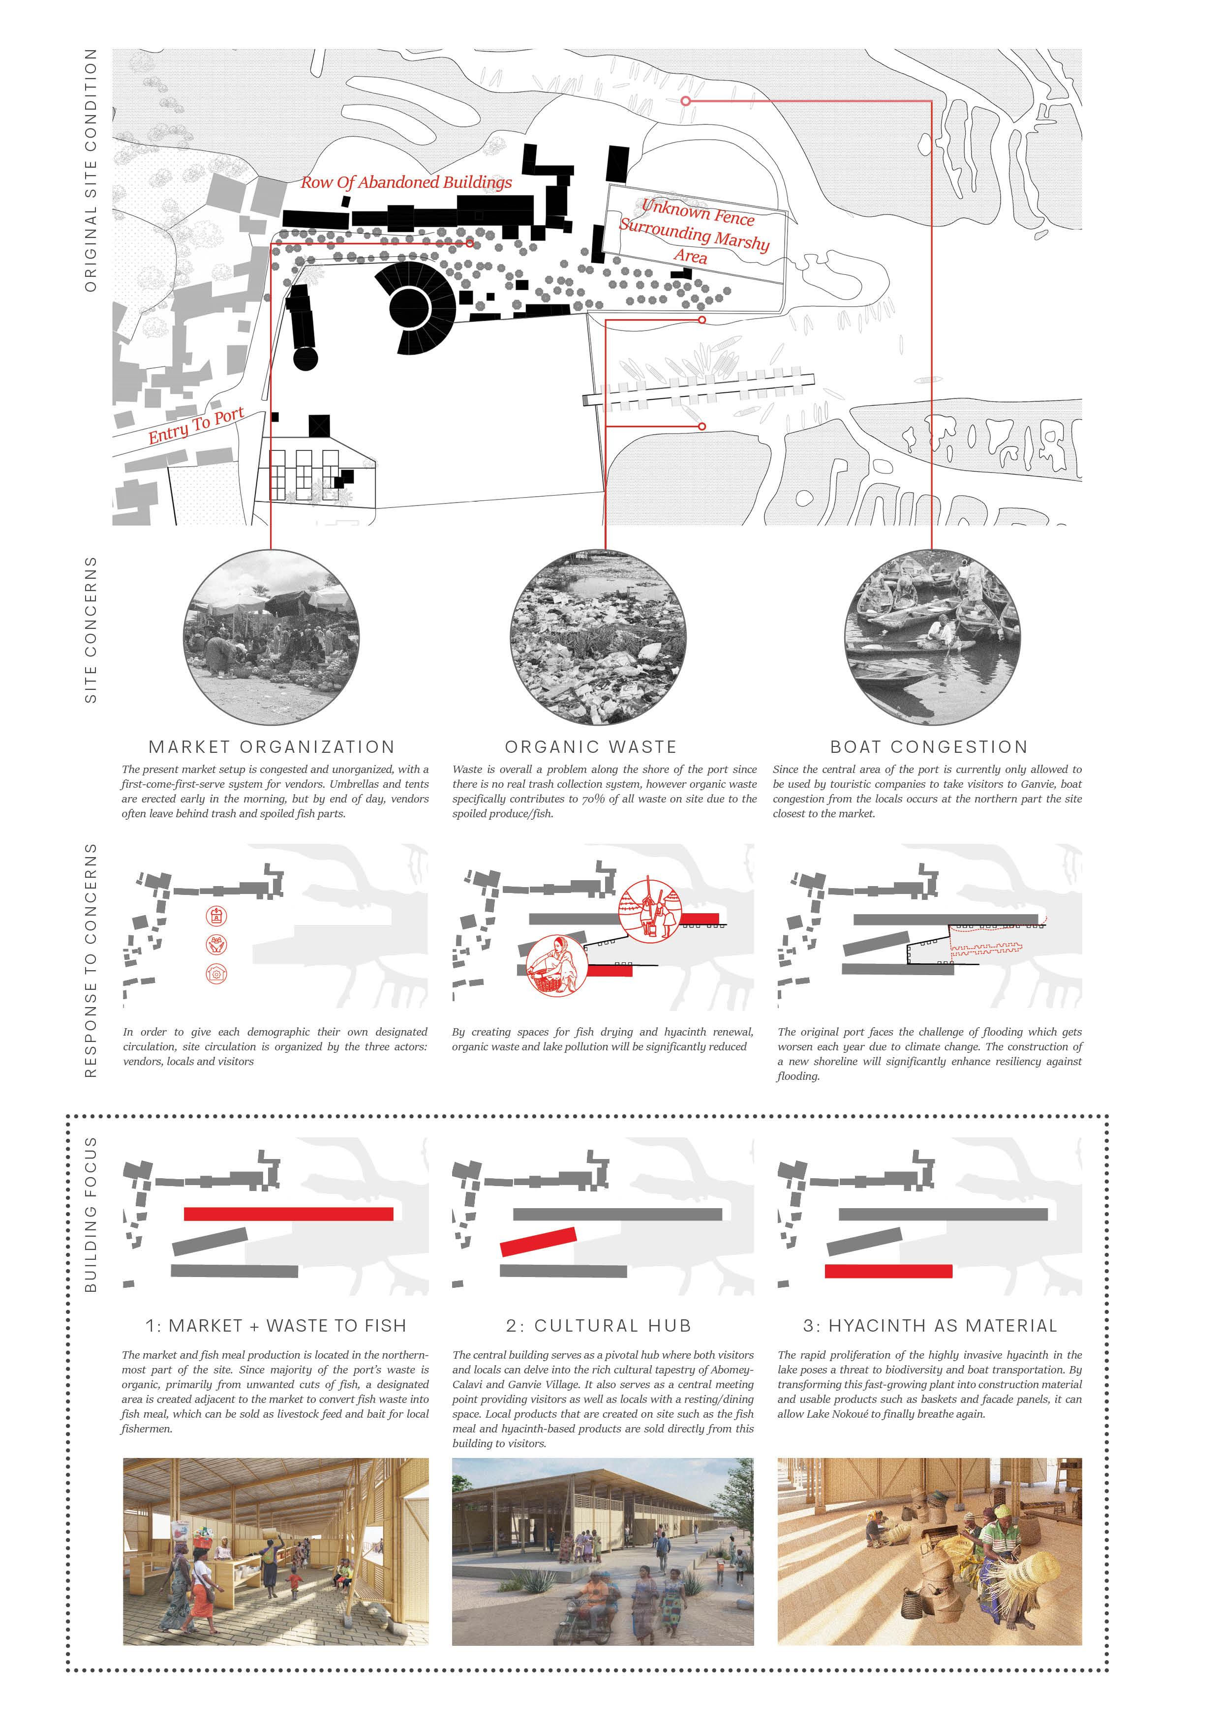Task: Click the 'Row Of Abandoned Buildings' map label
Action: [x=406, y=182]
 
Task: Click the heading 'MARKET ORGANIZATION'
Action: [x=272, y=747]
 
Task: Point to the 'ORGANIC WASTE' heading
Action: [x=591, y=747]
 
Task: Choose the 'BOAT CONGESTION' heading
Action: [x=929, y=747]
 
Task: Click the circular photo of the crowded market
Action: [x=272, y=637]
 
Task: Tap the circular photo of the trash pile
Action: [x=598, y=637]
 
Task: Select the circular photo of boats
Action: [x=932, y=637]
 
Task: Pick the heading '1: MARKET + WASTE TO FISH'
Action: [x=276, y=1326]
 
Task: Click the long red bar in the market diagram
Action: [x=289, y=1214]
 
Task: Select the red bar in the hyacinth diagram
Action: [x=888, y=1271]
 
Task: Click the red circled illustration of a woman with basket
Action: [x=555, y=965]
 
